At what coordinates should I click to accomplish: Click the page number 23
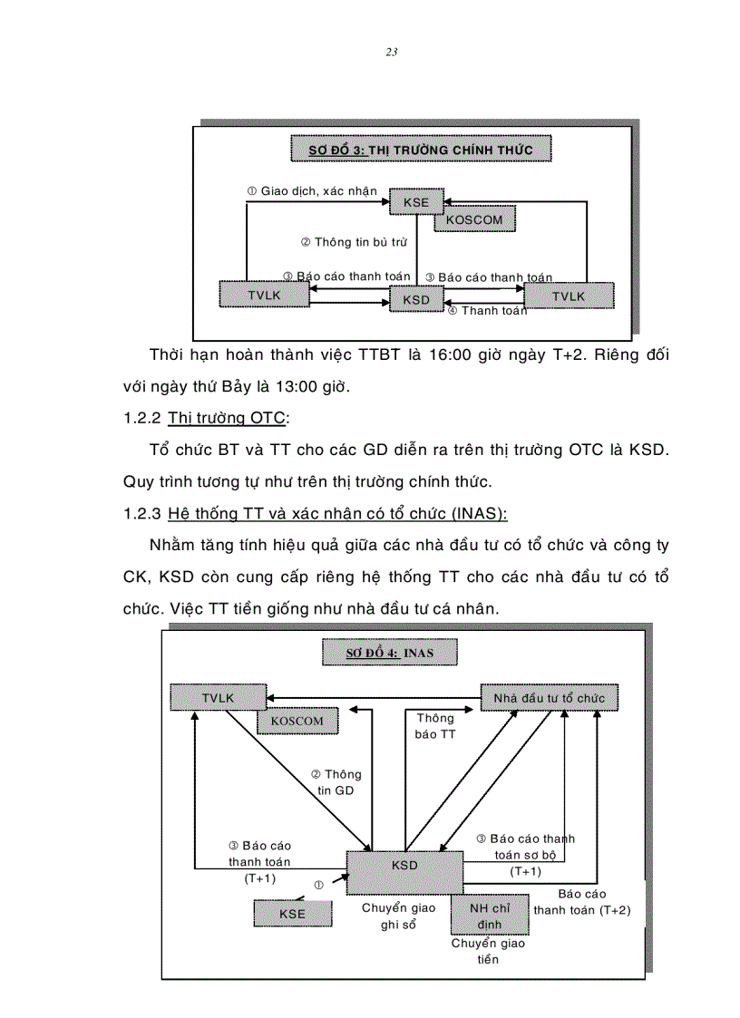point(391,52)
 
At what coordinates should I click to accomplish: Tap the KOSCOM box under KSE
point(474,219)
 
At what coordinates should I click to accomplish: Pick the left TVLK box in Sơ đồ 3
point(264,296)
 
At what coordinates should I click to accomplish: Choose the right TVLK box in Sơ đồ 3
point(569,296)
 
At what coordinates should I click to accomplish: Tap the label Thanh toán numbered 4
point(488,311)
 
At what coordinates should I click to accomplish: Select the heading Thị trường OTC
point(227,418)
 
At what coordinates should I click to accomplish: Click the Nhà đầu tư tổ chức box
point(549,698)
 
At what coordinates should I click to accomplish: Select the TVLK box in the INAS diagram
point(218,698)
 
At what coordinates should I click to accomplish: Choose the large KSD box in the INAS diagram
point(404,871)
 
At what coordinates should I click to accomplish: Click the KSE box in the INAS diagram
point(292,914)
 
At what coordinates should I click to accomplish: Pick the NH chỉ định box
point(490,915)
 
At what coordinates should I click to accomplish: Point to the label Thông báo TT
point(435,726)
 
